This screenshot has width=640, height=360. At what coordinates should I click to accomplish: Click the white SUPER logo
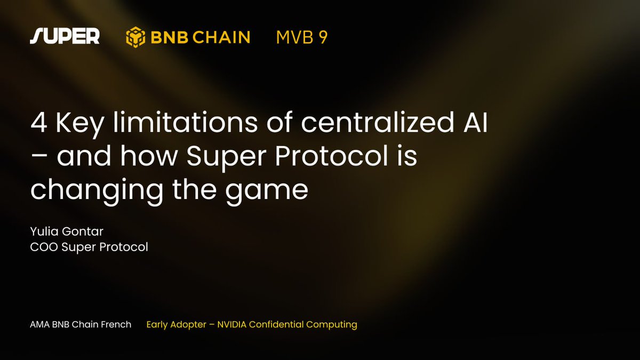65,36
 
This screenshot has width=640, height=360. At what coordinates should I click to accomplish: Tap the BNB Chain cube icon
135,37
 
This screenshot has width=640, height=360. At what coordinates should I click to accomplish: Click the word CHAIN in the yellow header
221,37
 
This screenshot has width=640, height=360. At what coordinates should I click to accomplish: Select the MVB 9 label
302,37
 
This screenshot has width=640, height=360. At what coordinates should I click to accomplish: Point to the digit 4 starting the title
39,123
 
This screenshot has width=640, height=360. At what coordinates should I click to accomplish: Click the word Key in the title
79,124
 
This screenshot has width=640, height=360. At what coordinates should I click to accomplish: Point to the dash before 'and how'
39,157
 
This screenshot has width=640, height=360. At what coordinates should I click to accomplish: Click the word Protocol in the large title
331,155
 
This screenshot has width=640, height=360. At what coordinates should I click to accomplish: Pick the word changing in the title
97,191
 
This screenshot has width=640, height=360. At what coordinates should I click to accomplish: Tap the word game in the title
267,194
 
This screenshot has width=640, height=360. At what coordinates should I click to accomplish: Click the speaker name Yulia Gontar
67,231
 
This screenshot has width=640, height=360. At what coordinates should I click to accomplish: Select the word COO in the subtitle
44,247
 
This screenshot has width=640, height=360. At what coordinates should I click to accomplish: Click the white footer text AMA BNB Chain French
81,325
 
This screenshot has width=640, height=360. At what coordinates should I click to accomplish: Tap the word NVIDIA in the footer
231,325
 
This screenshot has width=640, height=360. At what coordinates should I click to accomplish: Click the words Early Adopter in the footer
177,325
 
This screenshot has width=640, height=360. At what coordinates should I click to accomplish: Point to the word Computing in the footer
331,325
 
